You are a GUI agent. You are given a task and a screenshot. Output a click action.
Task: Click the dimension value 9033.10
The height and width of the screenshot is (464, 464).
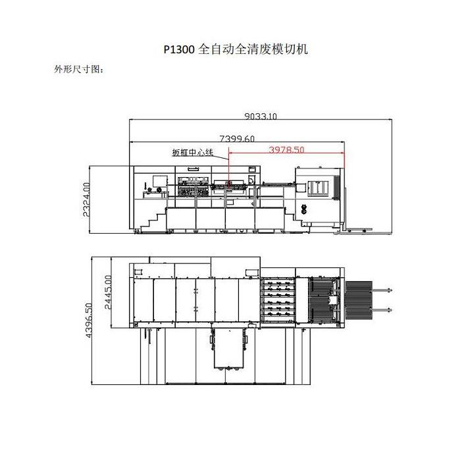261,116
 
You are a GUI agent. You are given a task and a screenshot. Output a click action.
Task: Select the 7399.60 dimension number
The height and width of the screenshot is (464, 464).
237,138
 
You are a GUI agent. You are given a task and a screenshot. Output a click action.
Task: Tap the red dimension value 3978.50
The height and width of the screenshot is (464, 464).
286,149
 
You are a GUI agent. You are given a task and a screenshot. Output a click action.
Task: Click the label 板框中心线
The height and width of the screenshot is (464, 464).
193,153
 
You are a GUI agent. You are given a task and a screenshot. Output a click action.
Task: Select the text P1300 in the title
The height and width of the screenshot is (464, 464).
179,49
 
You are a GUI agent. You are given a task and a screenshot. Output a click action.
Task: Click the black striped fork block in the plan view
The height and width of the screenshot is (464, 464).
359,299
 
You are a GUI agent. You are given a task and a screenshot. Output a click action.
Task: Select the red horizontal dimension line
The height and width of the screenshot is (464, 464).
286,155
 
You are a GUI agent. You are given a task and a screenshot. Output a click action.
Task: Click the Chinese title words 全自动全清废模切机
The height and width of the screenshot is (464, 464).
253,49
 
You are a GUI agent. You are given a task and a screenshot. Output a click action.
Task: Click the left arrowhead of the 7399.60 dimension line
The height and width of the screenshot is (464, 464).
132,142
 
